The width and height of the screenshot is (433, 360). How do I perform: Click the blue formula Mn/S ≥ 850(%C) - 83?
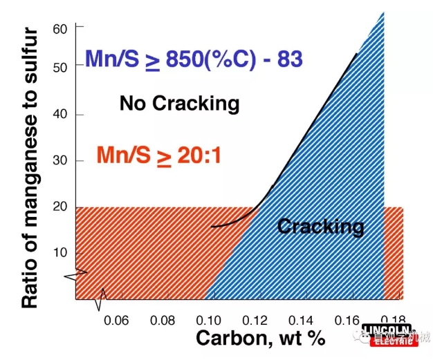point(194,59)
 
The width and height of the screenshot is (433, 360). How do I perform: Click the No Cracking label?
point(179,104)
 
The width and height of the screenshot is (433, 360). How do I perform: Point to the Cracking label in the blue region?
point(320,226)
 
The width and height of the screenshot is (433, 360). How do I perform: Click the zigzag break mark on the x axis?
point(102,299)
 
